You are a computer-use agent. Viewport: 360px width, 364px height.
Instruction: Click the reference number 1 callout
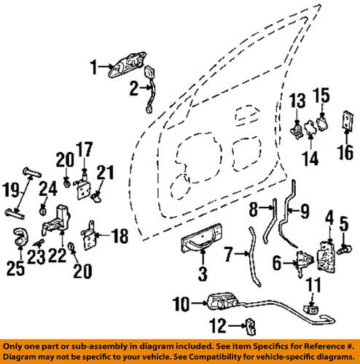tap(93, 69)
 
